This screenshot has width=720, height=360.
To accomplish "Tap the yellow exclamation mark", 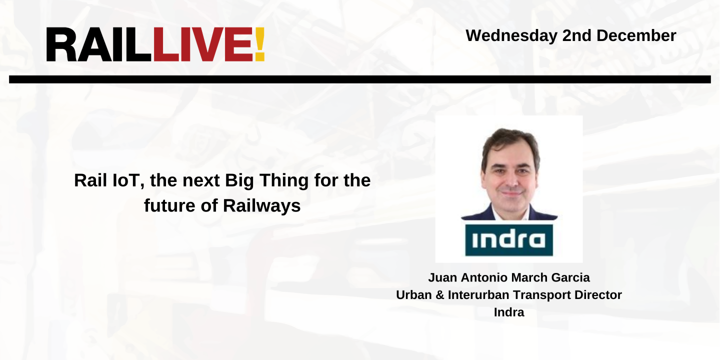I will pyautogui.click(x=259, y=45).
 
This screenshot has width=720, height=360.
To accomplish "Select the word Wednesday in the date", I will pyautogui.click(x=511, y=35).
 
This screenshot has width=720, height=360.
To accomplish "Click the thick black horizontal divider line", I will pyautogui.click(x=359, y=79).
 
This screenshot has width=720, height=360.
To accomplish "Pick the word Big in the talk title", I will pyautogui.click(x=239, y=180).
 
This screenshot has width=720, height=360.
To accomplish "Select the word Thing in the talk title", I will pyautogui.click(x=280, y=180).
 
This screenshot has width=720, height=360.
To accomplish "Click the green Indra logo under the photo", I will pyautogui.click(x=509, y=240).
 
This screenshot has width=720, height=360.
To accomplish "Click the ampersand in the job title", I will pyautogui.click(x=440, y=295).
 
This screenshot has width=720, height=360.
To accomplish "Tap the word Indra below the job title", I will pyautogui.click(x=509, y=312).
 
